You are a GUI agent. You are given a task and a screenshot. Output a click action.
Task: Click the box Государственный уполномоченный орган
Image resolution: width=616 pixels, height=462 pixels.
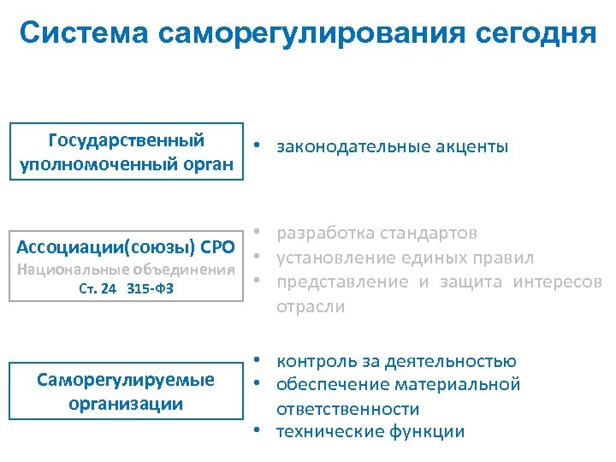point(127,151)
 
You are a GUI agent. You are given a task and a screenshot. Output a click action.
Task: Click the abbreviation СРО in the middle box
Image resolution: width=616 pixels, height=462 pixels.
point(216,248)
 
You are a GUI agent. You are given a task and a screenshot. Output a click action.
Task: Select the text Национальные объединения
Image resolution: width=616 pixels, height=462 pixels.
point(127,269)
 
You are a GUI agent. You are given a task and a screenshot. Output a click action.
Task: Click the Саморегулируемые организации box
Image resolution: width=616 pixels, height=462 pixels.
point(127,391)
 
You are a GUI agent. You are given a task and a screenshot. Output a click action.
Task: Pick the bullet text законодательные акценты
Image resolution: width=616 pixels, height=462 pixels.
point(392,147)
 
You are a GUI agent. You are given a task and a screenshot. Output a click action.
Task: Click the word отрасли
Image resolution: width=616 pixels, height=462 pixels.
point(311,306)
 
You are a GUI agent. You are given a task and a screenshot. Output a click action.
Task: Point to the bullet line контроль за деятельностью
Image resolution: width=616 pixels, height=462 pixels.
point(396,361)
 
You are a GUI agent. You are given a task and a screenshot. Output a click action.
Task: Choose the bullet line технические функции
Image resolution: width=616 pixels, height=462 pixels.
point(370,431)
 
